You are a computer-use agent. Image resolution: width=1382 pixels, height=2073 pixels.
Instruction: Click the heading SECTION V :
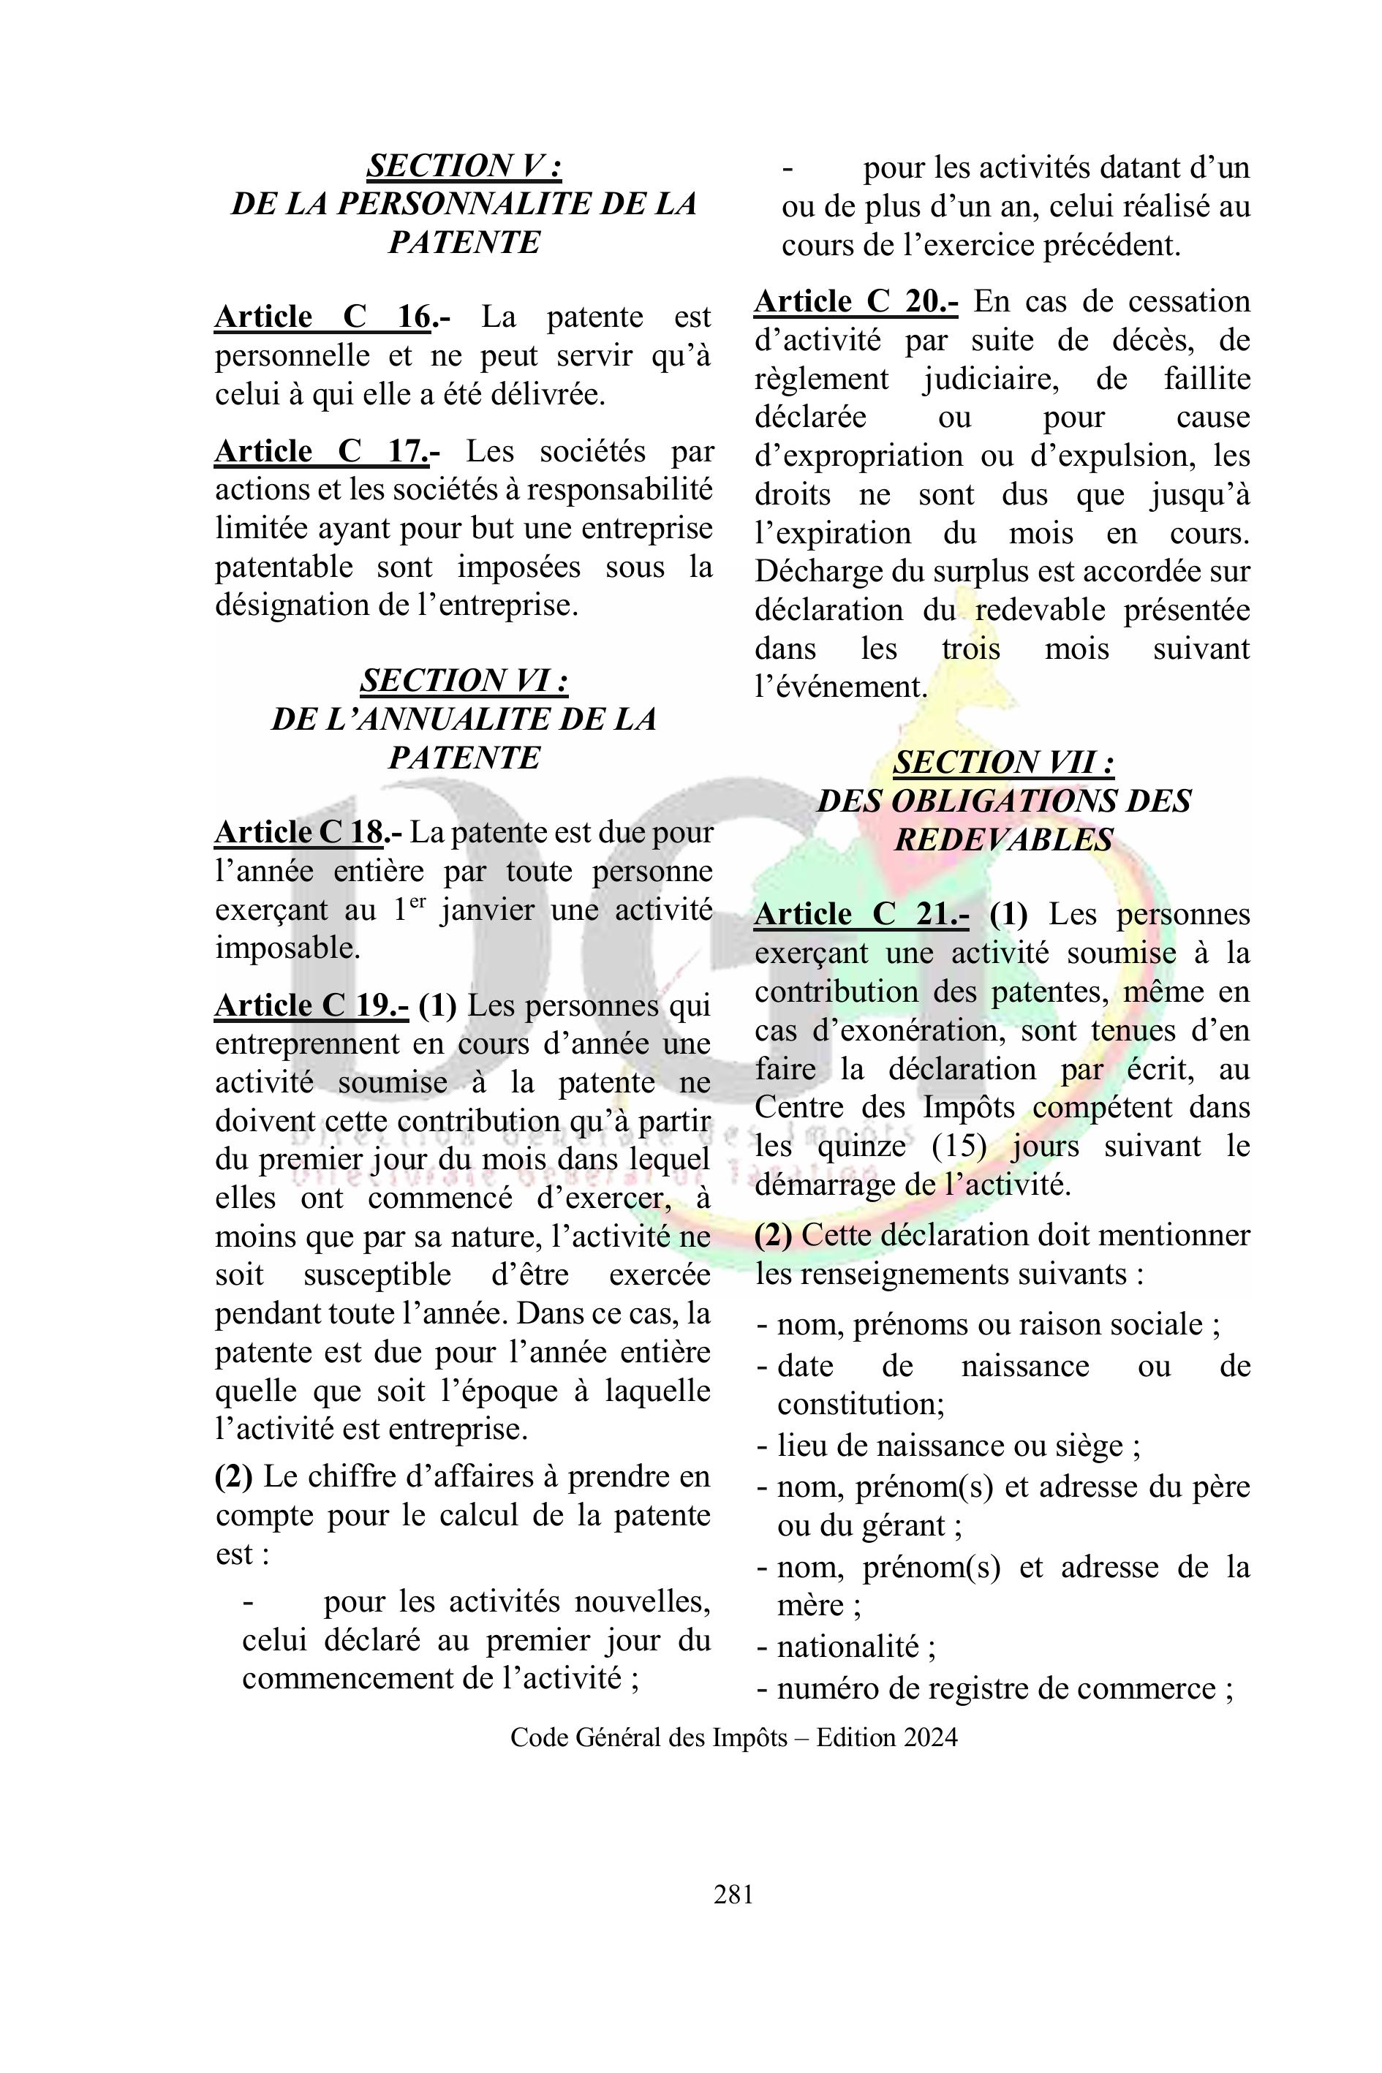pyautogui.click(x=464, y=166)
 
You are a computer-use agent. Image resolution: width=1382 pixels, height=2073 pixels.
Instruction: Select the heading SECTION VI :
pyautogui.click(x=464, y=681)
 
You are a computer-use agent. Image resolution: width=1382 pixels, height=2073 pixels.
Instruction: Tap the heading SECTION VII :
pyautogui.click(x=1003, y=763)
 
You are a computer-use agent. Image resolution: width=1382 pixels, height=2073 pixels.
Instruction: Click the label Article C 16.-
pyautogui.click(x=331, y=317)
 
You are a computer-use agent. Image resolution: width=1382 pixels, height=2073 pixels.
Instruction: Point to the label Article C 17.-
pyautogui.click(x=327, y=451)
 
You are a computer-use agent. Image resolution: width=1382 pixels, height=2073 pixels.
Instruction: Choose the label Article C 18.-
pyautogui.click(x=308, y=832)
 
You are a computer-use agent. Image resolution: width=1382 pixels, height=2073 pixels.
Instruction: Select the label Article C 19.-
pyautogui.click(x=311, y=1005)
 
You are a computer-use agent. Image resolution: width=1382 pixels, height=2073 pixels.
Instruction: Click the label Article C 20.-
pyautogui.click(x=856, y=301)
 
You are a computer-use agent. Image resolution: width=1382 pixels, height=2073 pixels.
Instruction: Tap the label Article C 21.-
pyautogui.click(x=861, y=914)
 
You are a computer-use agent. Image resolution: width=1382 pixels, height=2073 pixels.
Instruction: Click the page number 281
pyautogui.click(x=733, y=1893)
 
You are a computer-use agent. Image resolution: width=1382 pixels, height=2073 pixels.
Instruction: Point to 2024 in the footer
pyautogui.click(x=929, y=1737)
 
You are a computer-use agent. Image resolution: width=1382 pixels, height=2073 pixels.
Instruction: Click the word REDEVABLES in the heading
pyautogui.click(x=1003, y=840)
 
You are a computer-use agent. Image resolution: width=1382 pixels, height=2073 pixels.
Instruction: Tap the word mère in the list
pyautogui.click(x=811, y=1606)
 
